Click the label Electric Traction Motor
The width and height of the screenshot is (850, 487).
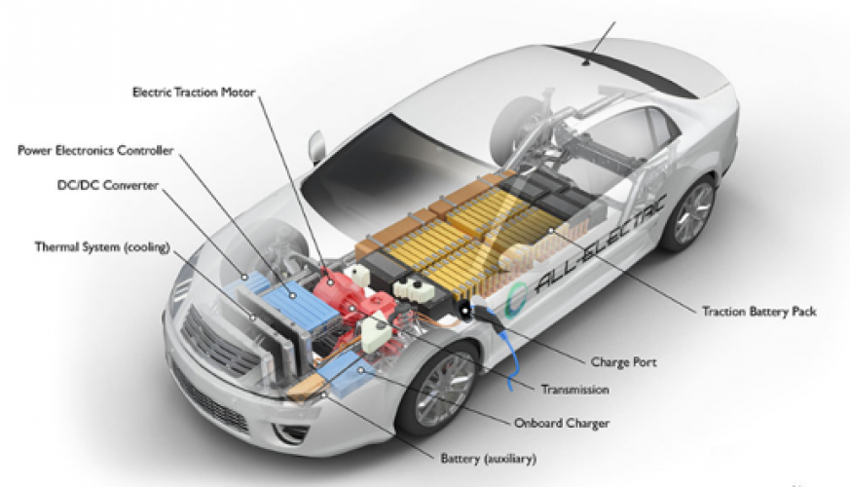[x=193, y=93]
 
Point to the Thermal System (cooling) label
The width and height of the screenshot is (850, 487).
[x=87, y=247]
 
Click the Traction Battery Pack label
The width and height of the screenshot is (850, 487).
[x=758, y=312]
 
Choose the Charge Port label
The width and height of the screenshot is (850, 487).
[x=624, y=362]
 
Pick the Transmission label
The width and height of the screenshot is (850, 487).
[x=574, y=390]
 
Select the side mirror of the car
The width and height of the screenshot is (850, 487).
[x=317, y=147]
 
